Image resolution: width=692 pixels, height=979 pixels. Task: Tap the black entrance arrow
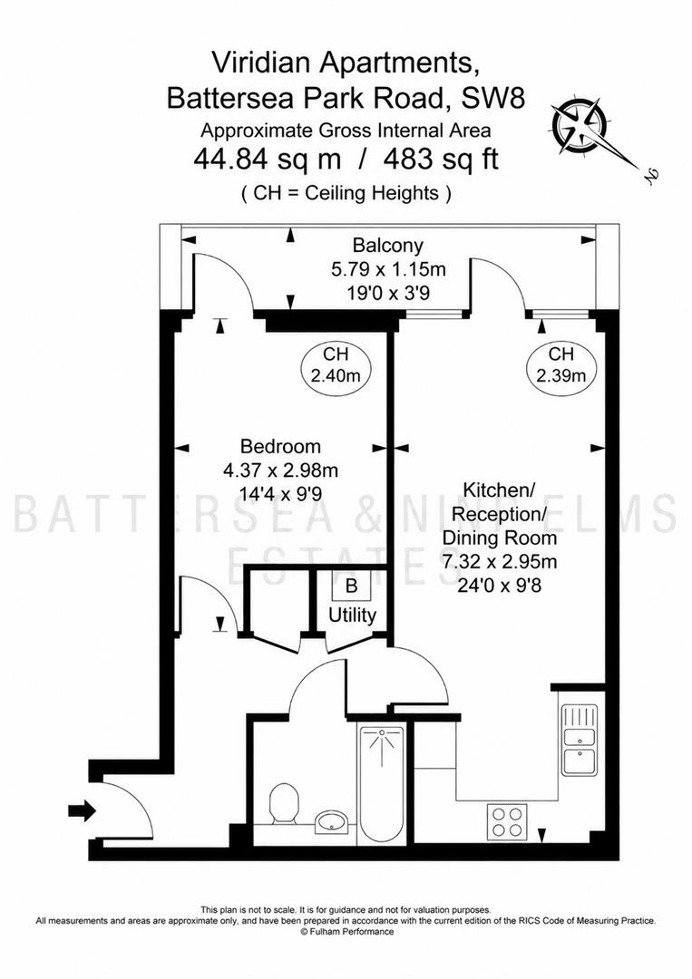(82, 811)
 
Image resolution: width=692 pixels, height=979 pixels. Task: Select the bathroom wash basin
(334, 821)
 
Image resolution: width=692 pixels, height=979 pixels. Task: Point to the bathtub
(382, 783)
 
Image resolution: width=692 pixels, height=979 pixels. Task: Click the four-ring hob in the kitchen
(507, 821)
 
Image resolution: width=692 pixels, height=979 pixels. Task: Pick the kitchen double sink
(579, 740)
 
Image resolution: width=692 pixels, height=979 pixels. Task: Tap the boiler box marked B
(352, 586)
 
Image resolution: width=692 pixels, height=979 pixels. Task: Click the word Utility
(352, 615)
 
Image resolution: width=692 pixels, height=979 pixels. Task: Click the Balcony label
(388, 245)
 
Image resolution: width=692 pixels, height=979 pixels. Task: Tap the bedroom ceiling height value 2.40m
(336, 376)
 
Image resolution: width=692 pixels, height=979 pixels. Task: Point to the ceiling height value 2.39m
(560, 376)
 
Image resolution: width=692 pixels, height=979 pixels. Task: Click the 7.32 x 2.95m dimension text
(499, 561)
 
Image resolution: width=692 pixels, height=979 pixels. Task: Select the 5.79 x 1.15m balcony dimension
(388, 269)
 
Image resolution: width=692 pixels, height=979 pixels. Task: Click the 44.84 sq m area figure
(268, 160)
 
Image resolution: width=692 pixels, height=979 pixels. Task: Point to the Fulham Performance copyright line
(346, 932)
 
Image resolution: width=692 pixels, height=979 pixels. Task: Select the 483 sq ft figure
(441, 160)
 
